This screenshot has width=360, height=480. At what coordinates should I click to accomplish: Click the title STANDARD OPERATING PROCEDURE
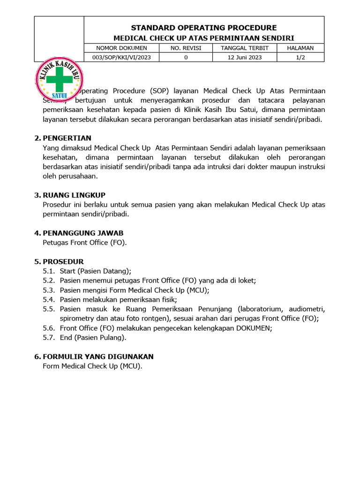[203, 28]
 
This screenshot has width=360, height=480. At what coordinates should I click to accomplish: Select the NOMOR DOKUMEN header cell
[121, 48]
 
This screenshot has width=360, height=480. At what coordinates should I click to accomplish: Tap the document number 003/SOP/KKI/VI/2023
[121, 57]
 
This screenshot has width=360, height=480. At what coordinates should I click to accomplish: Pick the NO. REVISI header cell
[186, 48]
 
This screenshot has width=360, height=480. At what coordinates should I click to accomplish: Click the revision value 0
[186, 57]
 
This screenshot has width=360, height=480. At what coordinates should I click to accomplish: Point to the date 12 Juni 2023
[244, 57]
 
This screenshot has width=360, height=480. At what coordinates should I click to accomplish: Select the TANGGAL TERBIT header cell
[244, 48]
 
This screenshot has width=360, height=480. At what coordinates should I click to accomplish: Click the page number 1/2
[300, 57]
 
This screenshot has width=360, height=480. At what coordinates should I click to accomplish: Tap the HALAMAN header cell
[300, 48]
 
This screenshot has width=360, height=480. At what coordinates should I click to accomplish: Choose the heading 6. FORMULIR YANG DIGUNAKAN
[94, 357]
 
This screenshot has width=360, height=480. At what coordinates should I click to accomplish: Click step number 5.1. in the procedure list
[49, 271]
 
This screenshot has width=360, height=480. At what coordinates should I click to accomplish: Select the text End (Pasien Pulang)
[93, 337]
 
